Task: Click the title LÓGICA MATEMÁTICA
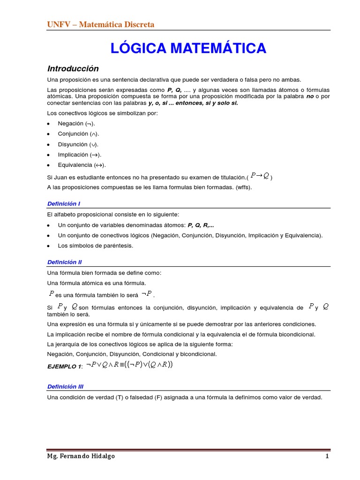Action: (x=188, y=48)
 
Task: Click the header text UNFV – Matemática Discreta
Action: (x=101, y=24)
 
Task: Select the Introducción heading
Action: (x=73, y=68)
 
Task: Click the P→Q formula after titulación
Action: (x=260, y=176)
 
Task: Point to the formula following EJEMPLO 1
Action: (x=129, y=365)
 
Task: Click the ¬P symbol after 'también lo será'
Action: (x=147, y=294)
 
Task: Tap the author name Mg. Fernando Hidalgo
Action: (x=81, y=456)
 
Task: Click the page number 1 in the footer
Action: (x=328, y=456)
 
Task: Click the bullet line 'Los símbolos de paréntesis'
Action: (x=96, y=246)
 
